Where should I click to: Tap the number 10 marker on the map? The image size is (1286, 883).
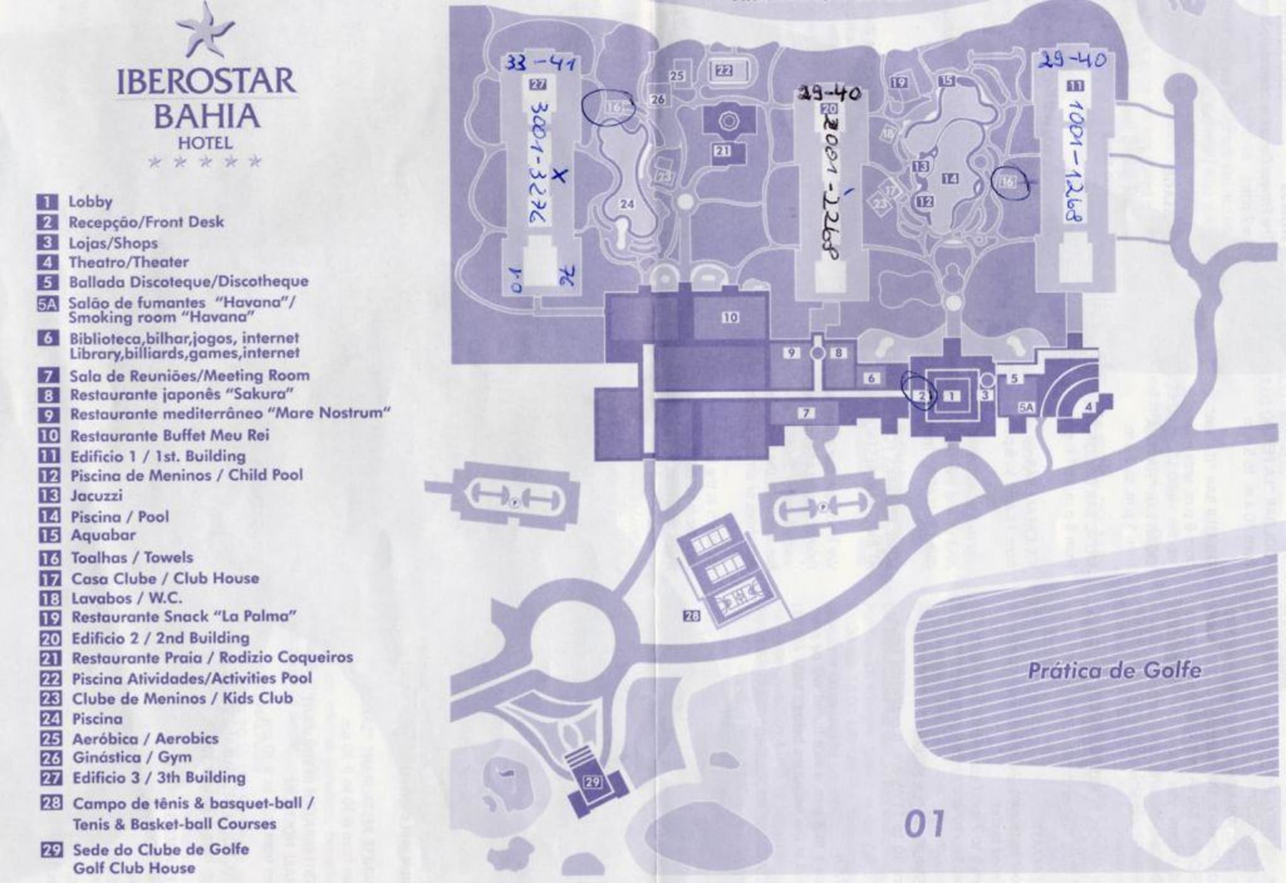730,317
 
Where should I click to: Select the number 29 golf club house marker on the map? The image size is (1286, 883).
593,782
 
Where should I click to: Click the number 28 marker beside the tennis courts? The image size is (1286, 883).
691,615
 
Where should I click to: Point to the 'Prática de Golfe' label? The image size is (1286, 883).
1114,671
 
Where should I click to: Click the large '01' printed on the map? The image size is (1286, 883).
925,824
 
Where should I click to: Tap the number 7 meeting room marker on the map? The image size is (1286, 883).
806,413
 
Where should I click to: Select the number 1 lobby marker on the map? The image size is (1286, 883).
951,395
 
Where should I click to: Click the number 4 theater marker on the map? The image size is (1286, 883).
1088,407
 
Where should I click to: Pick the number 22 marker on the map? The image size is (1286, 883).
724,70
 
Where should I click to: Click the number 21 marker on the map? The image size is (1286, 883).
722,150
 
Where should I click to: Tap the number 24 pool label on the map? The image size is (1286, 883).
627,204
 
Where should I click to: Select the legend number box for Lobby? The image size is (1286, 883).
47,202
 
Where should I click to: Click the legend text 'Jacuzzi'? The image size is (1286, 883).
96,495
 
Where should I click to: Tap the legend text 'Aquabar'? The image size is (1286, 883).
103,535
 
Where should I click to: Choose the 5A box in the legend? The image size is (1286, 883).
47,305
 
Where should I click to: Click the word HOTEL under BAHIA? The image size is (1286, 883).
205,143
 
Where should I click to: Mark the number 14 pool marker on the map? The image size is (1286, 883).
950,178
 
